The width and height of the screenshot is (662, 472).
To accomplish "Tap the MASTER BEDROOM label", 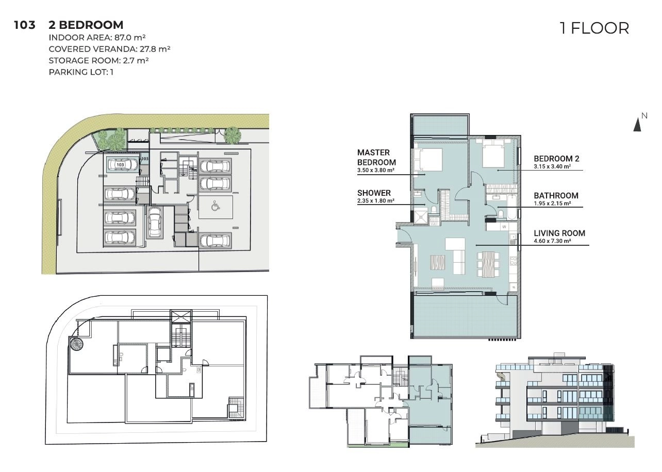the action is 376,158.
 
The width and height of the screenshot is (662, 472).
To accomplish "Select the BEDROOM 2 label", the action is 556,159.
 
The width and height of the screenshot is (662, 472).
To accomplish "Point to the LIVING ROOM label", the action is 559,233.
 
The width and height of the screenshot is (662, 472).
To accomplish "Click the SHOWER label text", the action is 374,193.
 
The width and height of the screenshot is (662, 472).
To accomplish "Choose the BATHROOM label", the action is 556,195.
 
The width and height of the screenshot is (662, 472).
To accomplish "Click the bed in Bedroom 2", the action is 493,153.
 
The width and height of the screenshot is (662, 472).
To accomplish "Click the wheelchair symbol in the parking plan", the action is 216,206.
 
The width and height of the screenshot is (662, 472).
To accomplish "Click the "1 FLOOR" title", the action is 594,28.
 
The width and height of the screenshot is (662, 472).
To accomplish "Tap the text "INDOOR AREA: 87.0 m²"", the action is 97,38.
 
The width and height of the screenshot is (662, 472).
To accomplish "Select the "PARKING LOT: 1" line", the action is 81,72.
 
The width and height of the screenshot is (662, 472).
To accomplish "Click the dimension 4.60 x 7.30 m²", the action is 552,241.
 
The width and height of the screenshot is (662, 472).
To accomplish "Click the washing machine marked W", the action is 504,227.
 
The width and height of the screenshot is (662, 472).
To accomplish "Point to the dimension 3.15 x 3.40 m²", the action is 552,166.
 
